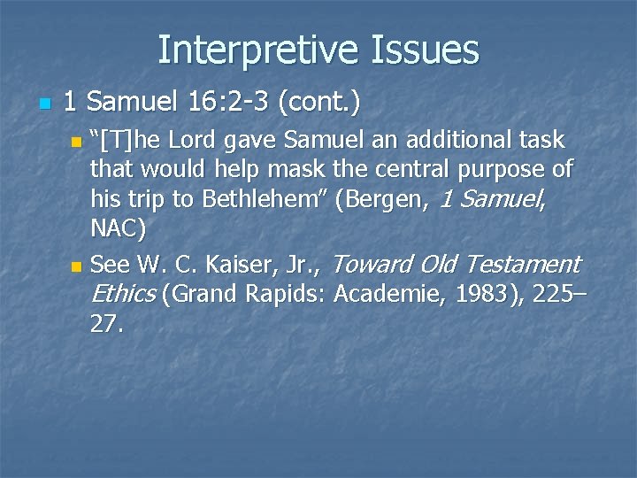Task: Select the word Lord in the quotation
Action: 195,141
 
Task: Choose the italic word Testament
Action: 522,264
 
